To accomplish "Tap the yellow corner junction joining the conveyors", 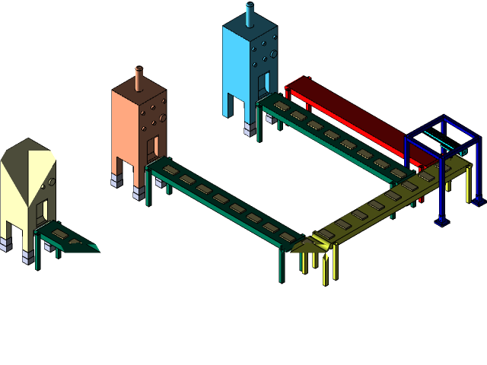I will coord(318,242).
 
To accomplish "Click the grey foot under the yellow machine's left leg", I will coord(7,243).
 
